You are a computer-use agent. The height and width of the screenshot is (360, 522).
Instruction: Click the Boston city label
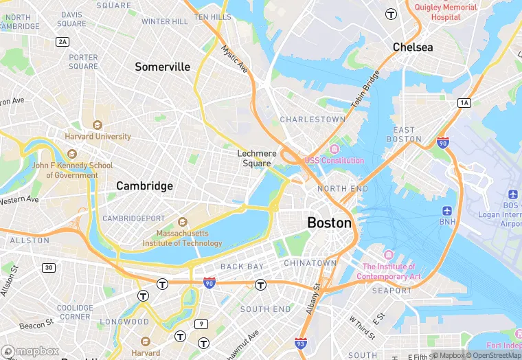coord(329,223)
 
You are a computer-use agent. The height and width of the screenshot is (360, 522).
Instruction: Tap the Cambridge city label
coord(144,186)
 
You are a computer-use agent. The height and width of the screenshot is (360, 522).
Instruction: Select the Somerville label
coord(162,67)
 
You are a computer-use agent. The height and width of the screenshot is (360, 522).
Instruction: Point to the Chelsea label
coord(413,47)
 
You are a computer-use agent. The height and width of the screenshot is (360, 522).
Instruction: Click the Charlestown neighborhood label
coord(313,120)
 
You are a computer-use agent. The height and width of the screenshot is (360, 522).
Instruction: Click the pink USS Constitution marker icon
coord(334,149)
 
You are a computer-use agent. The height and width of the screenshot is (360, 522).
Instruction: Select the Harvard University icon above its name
coord(98,125)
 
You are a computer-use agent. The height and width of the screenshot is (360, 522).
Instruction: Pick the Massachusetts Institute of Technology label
coord(182,238)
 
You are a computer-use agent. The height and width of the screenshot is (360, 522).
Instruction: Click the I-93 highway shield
coord(300,342)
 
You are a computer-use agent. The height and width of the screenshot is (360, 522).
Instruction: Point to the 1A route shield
coord(464,102)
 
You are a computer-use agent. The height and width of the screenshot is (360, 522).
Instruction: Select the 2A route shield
coord(63,42)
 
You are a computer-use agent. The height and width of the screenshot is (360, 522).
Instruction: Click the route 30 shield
coord(48,267)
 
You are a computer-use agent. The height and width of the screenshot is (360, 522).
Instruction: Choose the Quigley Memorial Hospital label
coord(445,12)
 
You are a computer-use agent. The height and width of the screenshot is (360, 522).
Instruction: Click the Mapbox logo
coord(30,351)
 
